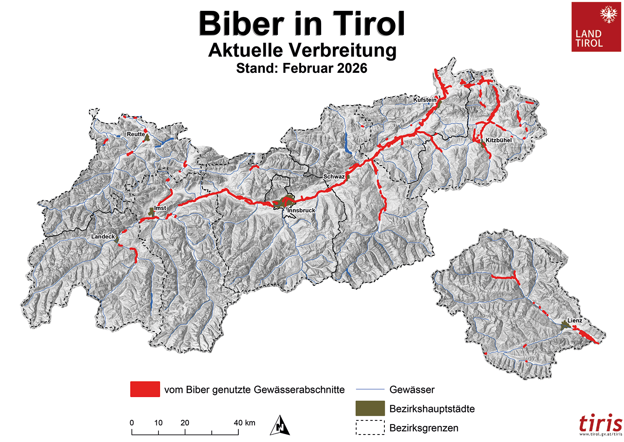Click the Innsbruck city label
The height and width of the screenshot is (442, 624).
click(x=301, y=211)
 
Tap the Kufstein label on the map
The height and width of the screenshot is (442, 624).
click(x=425, y=100)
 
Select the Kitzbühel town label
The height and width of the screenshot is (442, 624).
click(x=498, y=140)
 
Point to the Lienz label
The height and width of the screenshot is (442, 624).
click(x=574, y=320)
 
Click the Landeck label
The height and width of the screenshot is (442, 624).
click(x=103, y=236)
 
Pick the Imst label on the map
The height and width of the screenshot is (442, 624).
click(x=160, y=208)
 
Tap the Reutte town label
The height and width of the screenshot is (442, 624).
click(x=136, y=134)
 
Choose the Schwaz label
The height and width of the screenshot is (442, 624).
click(x=334, y=176)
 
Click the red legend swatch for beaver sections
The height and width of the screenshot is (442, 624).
click(x=145, y=389)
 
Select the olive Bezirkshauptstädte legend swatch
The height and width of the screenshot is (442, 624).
click(x=370, y=408)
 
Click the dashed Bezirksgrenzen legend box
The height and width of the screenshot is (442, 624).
click(x=370, y=427)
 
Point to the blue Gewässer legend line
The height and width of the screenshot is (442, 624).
click(x=370, y=390)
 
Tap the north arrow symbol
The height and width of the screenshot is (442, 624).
click(x=280, y=425)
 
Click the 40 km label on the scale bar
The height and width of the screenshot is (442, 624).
click(x=244, y=423)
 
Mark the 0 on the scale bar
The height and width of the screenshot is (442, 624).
click(x=132, y=423)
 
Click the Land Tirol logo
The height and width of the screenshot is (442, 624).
click(x=597, y=27)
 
